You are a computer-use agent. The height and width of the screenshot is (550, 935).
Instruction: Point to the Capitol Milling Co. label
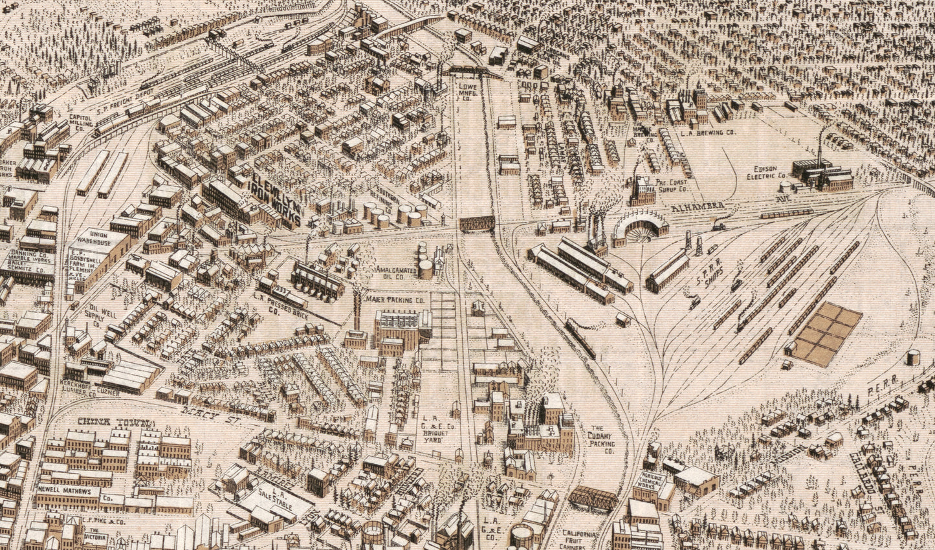tap(85, 123)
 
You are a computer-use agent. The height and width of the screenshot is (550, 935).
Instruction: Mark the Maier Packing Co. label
tap(395, 301)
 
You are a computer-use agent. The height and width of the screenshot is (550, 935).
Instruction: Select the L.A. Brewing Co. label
tap(709, 132)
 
